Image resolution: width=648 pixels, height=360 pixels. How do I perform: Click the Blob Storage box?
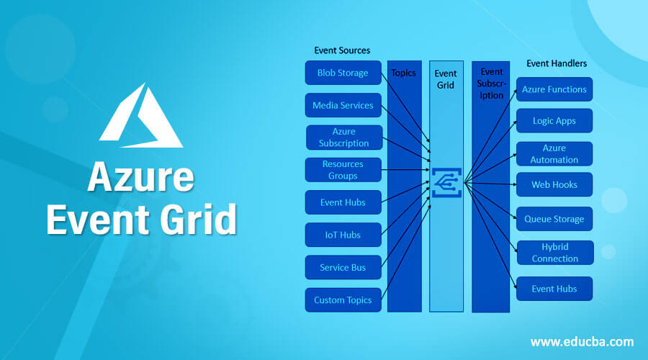tap(343, 73)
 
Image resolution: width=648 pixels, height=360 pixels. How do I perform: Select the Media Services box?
tap(343, 105)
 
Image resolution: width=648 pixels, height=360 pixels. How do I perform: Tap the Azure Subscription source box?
tap(343, 138)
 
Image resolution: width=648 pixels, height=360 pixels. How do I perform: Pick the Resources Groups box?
tap(343, 170)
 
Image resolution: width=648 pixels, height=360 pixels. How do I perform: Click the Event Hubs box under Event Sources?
tap(343, 202)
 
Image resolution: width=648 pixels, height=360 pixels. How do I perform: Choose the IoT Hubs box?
tap(343, 235)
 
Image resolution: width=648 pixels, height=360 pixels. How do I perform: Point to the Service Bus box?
tap(343, 267)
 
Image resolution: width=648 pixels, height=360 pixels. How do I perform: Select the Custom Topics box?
tap(343, 300)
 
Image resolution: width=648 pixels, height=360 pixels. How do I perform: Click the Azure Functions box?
tap(554, 89)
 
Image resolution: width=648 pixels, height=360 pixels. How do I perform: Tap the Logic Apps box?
tap(554, 121)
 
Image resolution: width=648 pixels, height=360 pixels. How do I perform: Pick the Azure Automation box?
tap(554, 153)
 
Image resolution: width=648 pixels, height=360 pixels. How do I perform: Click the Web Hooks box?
tap(554, 184)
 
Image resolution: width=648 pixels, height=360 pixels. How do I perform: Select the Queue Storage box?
tap(554, 219)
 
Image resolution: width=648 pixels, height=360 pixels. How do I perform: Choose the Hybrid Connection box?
tap(554, 253)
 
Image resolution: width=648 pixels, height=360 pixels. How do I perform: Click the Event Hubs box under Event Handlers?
tap(554, 289)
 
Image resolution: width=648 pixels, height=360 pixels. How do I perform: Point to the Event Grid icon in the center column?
tap(446, 183)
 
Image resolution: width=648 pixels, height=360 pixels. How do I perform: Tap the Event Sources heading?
tap(342, 50)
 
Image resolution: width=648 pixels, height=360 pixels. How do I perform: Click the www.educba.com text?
tap(582, 341)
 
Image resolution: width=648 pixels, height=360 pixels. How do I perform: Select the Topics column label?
tap(403, 73)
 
